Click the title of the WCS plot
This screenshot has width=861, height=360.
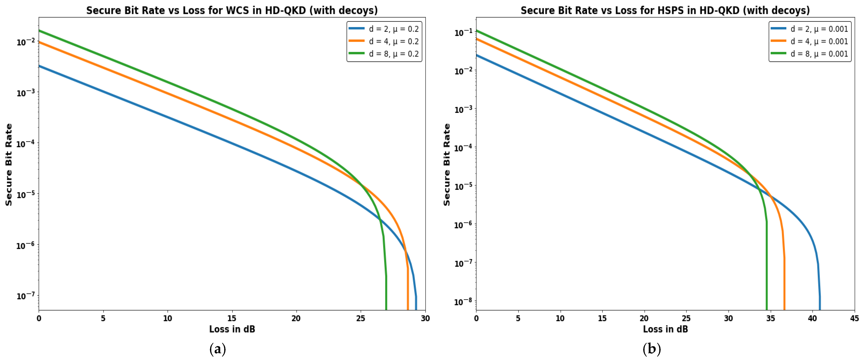click(x=232, y=10)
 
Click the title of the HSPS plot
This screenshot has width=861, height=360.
click(x=665, y=10)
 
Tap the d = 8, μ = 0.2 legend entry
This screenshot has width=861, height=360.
click(x=384, y=54)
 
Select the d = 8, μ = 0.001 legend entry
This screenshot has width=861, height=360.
click(x=810, y=54)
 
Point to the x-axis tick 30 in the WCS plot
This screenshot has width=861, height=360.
click(x=425, y=318)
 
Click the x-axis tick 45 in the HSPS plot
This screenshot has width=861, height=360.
click(x=854, y=318)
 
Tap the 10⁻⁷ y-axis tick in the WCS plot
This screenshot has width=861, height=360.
click(x=25, y=296)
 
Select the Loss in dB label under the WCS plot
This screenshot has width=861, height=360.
click(x=232, y=329)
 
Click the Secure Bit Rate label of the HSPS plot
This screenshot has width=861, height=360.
click(x=447, y=164)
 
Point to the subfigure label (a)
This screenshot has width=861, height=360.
click(x=218, y=349)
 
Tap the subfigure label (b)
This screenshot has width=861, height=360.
click(x=652, y=349)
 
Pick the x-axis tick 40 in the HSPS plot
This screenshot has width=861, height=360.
click(x=812, y=318)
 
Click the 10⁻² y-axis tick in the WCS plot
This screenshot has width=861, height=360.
click(x=25, y=42)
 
